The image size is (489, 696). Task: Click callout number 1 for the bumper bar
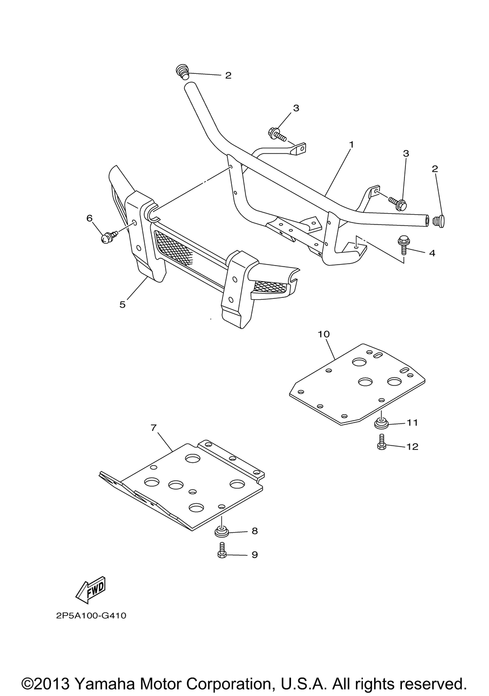click(351, 145)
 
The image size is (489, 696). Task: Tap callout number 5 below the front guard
click(122, 304)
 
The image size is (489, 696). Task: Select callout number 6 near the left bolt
click(89, 218)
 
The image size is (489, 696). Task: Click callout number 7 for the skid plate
click(153, 427)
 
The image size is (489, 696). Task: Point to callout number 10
click(324, 334)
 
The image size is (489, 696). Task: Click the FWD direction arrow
click(90, 591)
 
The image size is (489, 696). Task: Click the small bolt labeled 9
click(222, 551)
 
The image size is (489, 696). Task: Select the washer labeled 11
click(381, 422)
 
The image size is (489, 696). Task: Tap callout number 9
click(254, 555)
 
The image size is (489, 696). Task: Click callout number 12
click(412, 447)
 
